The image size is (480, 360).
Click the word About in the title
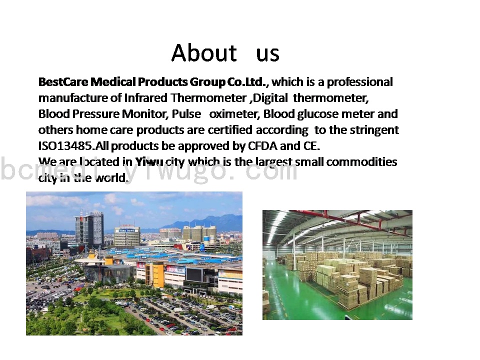tap(204, 52)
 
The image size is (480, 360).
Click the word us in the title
tap(267, 54)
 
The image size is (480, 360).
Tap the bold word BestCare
tap(63, 81)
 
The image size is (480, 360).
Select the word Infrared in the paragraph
tap(145, 98)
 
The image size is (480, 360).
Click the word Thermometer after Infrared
tap(208, 98)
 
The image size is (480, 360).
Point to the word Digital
tap(270, 98)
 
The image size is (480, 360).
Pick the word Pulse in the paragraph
tap(186, 114)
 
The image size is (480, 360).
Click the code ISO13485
tap(65, 146)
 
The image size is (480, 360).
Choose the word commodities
tap(361, 161)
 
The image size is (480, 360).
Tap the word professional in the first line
tap(359, 82)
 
